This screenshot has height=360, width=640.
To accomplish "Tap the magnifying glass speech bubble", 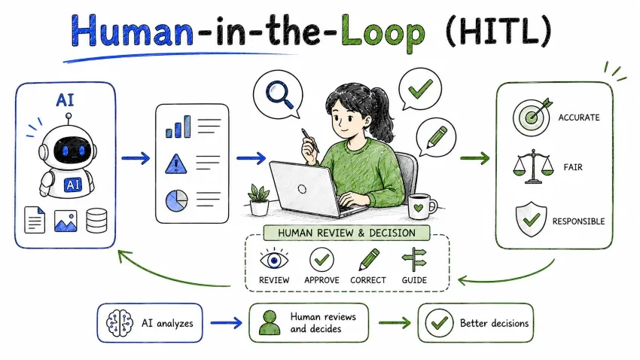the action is tap(279, 94).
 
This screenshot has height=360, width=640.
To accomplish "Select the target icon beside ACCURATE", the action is tap(532, 117).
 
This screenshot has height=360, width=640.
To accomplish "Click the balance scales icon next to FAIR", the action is tap(533, 166).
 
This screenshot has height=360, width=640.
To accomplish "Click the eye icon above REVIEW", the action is tap(274, 260).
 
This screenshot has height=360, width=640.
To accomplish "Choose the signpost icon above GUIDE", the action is tap(414, 260).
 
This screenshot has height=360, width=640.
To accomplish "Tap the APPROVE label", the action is tap(322, 280).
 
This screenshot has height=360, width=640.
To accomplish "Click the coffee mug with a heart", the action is tap(422, 206).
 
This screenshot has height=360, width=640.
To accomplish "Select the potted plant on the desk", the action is tap(259, 200).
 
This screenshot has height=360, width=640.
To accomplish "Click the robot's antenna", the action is tap(69, 119).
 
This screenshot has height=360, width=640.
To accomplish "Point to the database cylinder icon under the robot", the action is tap(96, 221).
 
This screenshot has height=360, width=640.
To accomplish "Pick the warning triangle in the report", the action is tap(176, 164).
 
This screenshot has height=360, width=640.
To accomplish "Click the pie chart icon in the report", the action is tap(177, 200).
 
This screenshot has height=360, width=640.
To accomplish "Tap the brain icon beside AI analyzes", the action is tap(120, 323).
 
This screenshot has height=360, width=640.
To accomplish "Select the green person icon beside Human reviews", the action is tap(270, 323).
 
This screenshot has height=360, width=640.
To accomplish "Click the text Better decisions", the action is tap(494, 323).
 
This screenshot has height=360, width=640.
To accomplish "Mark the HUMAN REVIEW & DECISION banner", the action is tap(346, 233).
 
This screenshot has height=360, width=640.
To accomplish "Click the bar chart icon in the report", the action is tap(178, 127).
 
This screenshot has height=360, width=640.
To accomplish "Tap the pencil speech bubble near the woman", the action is tap(435, 137).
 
